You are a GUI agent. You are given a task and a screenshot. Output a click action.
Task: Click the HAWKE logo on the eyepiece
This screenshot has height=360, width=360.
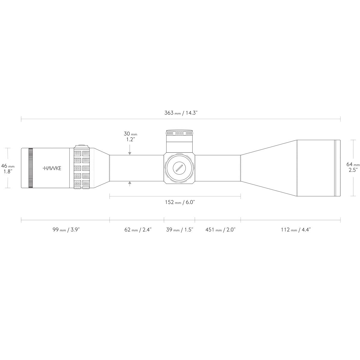click(52, 168)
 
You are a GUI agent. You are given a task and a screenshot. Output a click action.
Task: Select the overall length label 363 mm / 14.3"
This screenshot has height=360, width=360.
click(181, 113)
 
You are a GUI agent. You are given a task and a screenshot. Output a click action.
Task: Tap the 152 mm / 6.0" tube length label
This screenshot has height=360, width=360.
click(180, 202)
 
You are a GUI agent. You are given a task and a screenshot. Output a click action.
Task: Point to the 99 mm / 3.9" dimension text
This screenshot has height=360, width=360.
click(66, 229)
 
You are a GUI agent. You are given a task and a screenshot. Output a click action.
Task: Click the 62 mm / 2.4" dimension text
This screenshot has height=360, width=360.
click(138, 229)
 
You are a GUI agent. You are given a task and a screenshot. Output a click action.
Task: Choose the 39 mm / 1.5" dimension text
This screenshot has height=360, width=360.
click(179, 229)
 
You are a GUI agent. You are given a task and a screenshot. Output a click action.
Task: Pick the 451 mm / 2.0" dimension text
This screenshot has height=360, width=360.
click(220, 229)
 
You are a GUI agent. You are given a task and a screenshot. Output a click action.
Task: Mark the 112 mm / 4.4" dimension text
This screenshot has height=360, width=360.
click(296, 229)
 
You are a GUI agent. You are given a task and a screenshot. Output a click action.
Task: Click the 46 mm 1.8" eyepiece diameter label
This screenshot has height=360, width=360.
click(8, 169)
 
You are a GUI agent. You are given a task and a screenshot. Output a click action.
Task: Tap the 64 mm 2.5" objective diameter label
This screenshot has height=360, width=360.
click(353, 167)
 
